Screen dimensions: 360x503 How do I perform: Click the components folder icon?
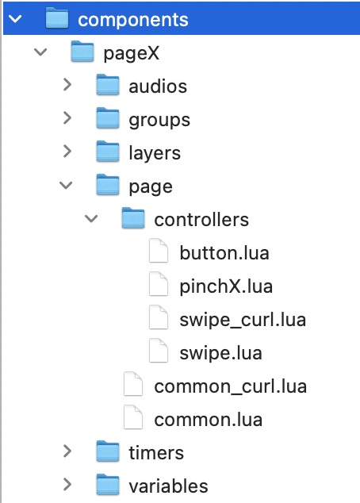pyautogui.click(x=57, y=18)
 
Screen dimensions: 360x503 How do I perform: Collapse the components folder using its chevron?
pyautogui.click(x=15, y=19)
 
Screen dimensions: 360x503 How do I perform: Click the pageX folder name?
pyautogui.click(x=131, y=53)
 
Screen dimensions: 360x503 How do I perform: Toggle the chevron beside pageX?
pyautogui.click(x=40, y=52)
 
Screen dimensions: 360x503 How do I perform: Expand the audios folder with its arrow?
pyautogui.click(x=67, y=85)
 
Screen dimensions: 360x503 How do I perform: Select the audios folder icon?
pyautogui.click(x=108, y=85)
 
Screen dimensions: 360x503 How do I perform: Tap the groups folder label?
pyautogui.click(x=159, y=121)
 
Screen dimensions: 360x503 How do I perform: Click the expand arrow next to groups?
pyautogui.click(x=67, y=118)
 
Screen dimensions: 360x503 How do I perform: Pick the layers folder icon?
pyautogui.click(x=108, y=152)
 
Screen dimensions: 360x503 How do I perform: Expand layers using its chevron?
pyautogui.click(x=67, y=152)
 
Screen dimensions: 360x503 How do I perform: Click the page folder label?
pyautogui.click(x=151, y=187)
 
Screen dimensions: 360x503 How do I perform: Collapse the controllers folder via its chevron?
pyautogui.click(x=91, y=218)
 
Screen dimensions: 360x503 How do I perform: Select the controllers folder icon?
pyautogui.click(x=133, y=218)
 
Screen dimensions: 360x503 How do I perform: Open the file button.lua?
pyautogui.click(x=224, y=253)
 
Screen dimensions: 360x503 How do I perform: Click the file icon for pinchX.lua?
pyautogui.click(x=159, y=284)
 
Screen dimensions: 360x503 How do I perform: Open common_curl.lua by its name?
pyautogui.click(x=231, y=386)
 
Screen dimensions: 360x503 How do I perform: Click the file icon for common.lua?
pyautogui.click(x=133, y=417)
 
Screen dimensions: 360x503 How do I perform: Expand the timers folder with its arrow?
pyautogui.click(x=67, y=451)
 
